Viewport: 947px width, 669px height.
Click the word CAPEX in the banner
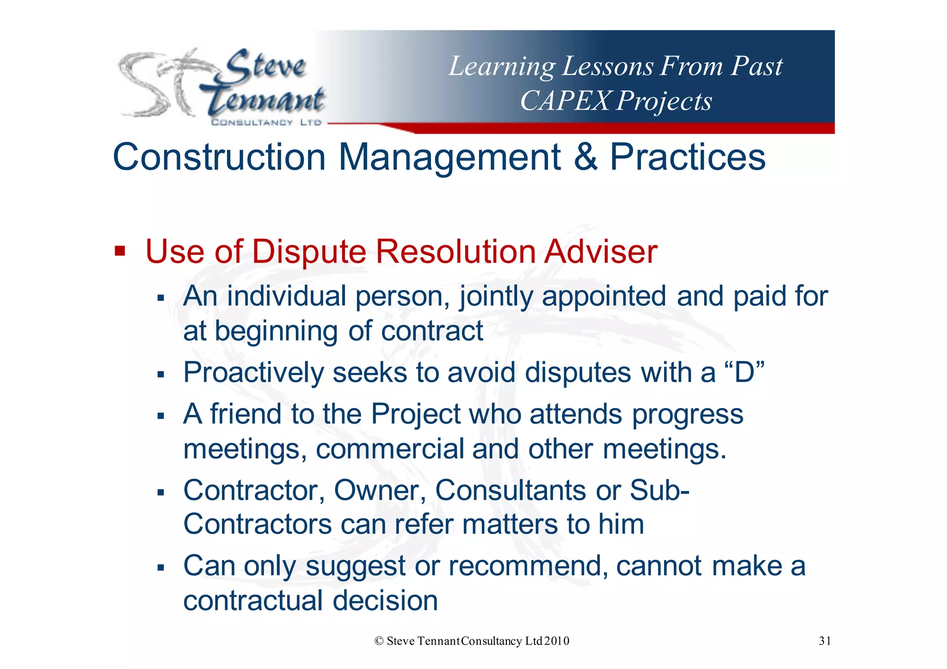pos(565,101)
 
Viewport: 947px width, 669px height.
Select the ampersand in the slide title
pos(585,157)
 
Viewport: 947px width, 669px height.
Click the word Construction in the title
pos(219,157)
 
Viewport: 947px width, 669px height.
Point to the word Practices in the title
pos(688,157)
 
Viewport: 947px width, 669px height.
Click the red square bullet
pos(120,252)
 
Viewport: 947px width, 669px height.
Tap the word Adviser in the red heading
pos(601,252)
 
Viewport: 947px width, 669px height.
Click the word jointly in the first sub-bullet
pos(496,297)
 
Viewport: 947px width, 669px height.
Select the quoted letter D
pos(744,372)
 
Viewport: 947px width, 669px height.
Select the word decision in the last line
pos(385,601)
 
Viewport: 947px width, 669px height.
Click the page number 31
pos(825,641)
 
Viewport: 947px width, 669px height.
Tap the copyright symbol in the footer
pos(379,641)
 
